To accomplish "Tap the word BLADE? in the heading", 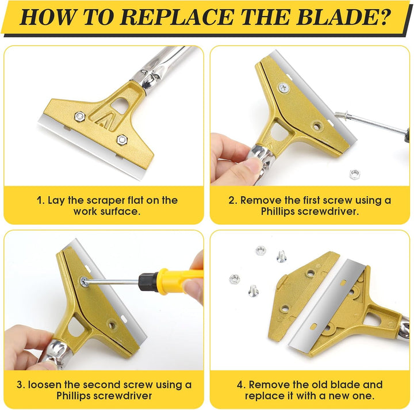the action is [343, 17].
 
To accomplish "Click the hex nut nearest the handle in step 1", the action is [79, 116].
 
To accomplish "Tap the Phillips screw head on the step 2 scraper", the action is [284, 87].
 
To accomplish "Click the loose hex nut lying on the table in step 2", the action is [355, 174].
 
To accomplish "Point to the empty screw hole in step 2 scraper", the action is [316, 126].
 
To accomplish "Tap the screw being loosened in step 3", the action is [84, 281].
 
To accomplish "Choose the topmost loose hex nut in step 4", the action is [260, 250].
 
